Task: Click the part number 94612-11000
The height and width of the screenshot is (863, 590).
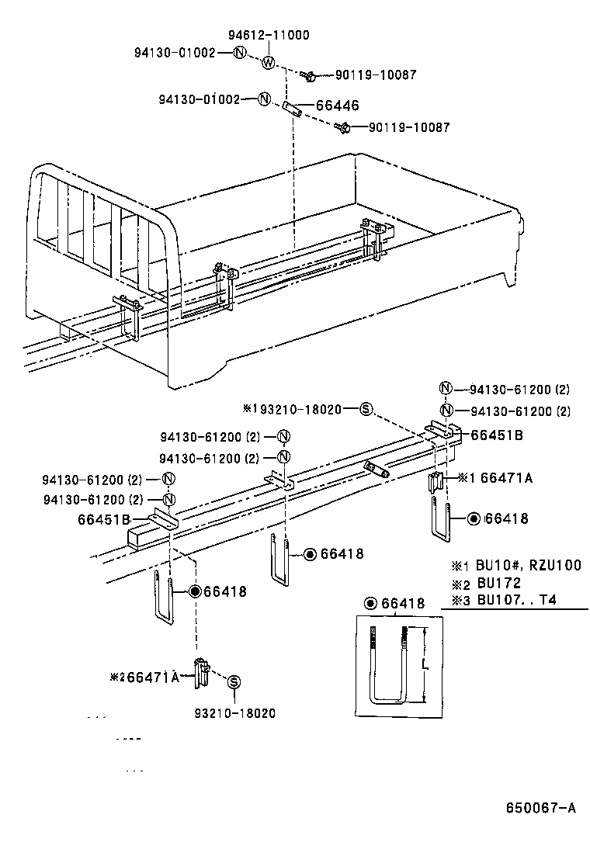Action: coord(268,35)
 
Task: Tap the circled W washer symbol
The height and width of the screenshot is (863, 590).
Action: coord(269,63)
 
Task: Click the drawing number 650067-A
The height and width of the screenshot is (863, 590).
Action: coord(541,808)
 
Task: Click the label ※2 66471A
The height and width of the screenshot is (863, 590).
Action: coord(147,678)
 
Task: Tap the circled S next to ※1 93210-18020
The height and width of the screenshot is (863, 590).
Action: coord(367,409)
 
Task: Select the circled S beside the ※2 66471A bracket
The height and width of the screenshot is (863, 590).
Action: coord(234,681)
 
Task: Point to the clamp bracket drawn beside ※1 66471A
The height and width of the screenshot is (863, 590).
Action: coord(437,481)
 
